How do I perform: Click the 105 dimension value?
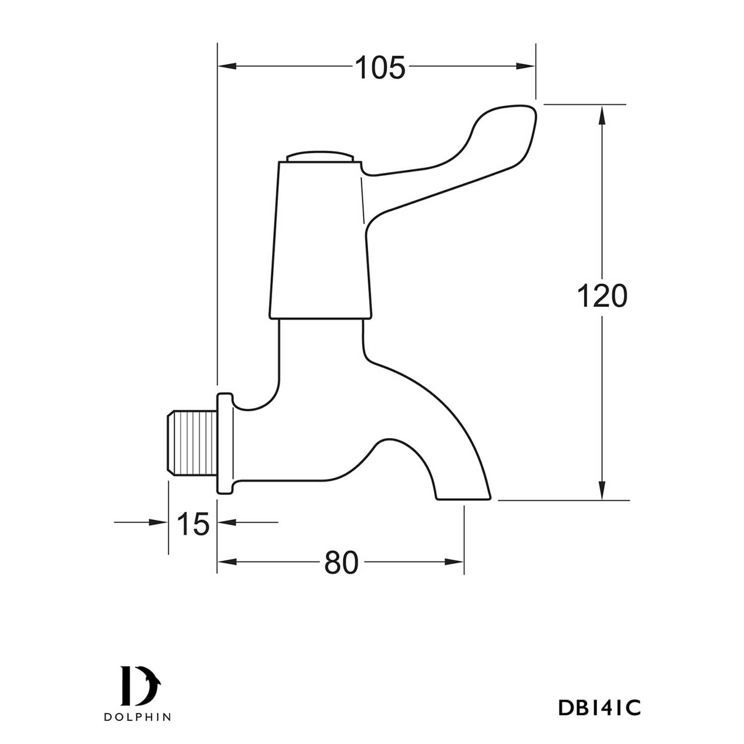(380, 67)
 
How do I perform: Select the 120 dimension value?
(602, 296)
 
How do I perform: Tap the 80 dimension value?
(341, 563)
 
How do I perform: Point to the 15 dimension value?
(193, 524)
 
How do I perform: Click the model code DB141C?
(599, 708)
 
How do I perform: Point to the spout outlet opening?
(463, 498)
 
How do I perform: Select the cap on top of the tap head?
(320, 156)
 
